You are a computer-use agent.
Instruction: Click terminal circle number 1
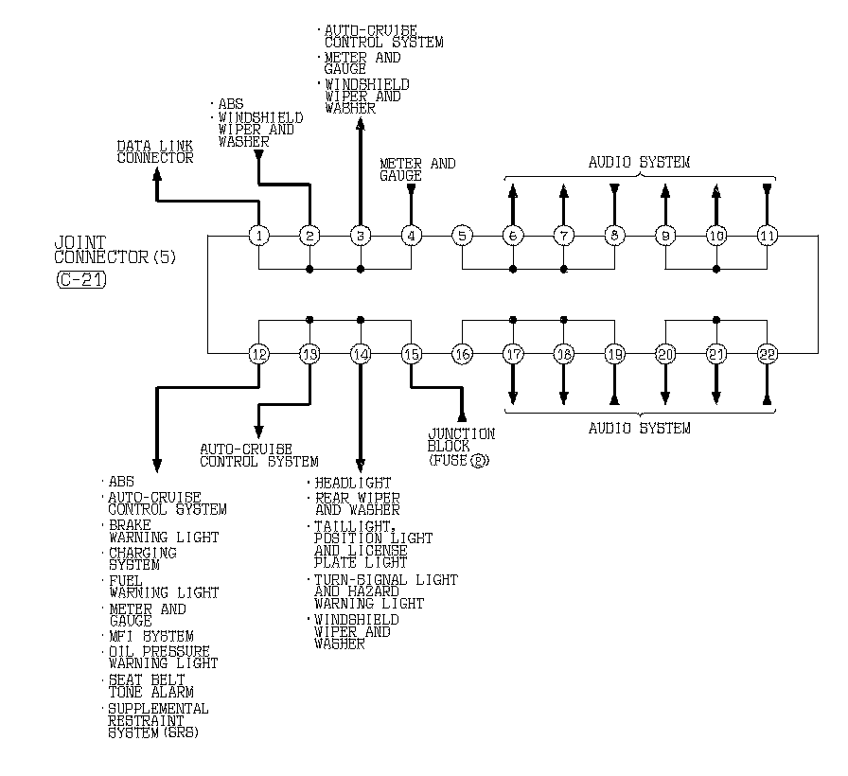pyautogui.click(x=258, y=235)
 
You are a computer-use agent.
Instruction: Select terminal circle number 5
pyautogui.click(x=462, y=235)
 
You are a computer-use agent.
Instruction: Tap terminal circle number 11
pyautogui.click(x=768, y=235)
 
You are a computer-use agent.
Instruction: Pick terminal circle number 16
pyautogui.click(x=462, y=354)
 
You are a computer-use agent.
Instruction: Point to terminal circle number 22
pyautogui.click(x=768, y=354)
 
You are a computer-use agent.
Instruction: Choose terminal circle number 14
pyautogui.click(x=360, y=354)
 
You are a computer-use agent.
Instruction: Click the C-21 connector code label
pyautogui.click(x=79, y=279)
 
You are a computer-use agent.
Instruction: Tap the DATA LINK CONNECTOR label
pyautogui.click(x=155, y=151)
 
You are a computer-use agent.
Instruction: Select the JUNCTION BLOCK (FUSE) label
pyautogui.click(x=462, y=447)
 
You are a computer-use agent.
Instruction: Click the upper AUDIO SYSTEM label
pyautogui.click(x=640, y=162)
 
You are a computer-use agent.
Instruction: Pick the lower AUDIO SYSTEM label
pyautogui.click(x=640, y=428)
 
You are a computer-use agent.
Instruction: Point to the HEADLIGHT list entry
pyautogui.click(x=352, y=483)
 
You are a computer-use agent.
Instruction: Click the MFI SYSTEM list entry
pyautogui.click(x=150, y=636)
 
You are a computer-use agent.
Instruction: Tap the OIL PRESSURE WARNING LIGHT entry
pyautogui.click(x=159, y=658)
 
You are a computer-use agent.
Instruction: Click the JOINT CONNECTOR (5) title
pyautogui.click(x=115, y=250)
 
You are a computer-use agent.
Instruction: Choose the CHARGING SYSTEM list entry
pyautogui.click(x=142, y=558)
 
